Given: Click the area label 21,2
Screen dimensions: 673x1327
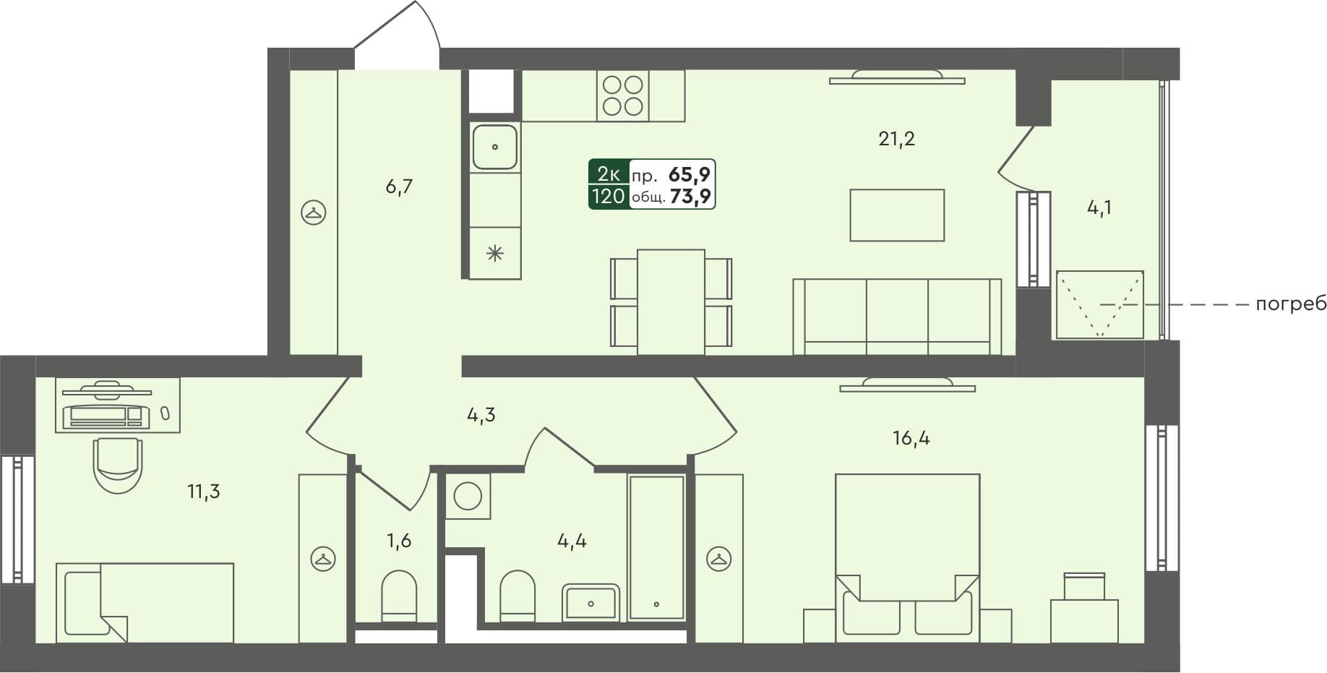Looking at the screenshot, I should pos(896,138).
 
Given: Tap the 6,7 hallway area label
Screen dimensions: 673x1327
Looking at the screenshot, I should pos(399,187).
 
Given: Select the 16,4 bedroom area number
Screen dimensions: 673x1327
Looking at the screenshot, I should pos(911,437).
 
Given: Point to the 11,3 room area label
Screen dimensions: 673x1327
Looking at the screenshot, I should pos(203,492).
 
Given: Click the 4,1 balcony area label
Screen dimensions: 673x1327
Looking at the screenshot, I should pos(1099,208).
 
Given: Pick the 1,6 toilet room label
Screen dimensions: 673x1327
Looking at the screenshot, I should pos(398,541).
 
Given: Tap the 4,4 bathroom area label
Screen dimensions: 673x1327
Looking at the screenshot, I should pos(572,541).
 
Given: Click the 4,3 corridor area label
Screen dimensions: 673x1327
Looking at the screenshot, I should pos(481,415).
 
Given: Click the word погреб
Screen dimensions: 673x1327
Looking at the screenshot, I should pos(1291,304).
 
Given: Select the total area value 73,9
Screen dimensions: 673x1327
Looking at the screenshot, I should pos(690,197).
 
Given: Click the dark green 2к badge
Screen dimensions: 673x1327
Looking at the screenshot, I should pos(609,173).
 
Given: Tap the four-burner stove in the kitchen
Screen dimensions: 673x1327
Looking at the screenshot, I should pos(622,95).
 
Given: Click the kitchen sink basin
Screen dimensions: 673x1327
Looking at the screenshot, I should pos(494,147).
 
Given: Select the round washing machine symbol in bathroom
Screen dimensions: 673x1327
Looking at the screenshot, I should pos(468,497).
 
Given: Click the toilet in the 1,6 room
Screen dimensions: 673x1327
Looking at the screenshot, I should pos(399,595).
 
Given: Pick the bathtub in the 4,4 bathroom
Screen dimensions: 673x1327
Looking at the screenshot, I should pos(656,547).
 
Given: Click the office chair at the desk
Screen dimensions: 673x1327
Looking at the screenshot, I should pos(118,465).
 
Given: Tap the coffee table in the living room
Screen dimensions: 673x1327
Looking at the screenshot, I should pos(896,215).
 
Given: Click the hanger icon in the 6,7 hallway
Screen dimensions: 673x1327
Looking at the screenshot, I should pos(313,213).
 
